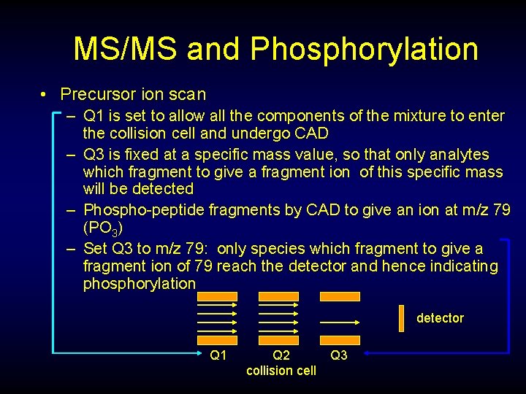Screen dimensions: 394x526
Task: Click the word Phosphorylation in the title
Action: [x=364, y=49]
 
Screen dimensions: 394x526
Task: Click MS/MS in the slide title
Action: [x=125, y=49]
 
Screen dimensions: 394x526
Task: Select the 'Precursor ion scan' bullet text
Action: [x=133, y=94]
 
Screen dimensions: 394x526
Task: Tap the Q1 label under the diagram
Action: [x=218, y=355]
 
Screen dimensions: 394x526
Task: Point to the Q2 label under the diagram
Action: [x=281, y=355]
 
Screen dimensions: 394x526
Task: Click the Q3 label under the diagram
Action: [x=339, y=355]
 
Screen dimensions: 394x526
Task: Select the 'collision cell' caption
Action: [x=281, y=371]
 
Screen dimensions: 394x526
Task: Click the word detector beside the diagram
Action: [x=440, y=318]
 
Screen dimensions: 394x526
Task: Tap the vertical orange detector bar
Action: [x=401, y=318]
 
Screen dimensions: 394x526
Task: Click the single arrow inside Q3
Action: [x=339, y=321]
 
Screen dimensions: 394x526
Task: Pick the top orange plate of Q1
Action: [x=218, y=297]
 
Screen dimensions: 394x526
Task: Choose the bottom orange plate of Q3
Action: [x=340, y=340]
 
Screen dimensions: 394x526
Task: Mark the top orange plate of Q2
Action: [x=278, y=297]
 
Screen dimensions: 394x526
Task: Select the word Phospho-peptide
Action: [x=145, y=210]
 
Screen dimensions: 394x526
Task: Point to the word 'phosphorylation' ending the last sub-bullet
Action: [x=140, y=283]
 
